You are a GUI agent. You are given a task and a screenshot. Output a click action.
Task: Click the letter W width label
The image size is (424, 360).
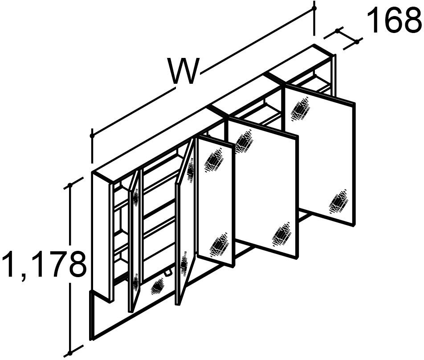[x=183, y=71]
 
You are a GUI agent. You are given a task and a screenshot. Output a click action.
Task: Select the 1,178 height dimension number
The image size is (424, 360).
[x=44, y=264]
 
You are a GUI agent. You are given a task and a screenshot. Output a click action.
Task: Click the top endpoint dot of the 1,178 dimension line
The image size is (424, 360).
[x=70, y=185]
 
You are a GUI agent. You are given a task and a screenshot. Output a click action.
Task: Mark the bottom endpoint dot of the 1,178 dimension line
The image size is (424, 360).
[x=70, y=353]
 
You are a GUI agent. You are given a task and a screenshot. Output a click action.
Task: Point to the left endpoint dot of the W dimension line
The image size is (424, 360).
[x=92, y=135]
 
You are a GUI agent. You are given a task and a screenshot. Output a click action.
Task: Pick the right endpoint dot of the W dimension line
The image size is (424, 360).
[x=314, y=8]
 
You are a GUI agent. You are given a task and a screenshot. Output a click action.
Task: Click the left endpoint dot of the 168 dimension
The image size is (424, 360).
[x=338, y=31]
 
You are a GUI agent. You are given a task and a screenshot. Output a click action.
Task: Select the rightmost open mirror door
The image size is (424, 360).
[x=319, y=155]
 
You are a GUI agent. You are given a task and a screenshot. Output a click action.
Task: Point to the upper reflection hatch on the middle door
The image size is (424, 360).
[x=244, y=143]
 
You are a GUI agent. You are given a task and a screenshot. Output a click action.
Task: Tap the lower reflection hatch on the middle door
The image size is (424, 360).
[x=281, y=234]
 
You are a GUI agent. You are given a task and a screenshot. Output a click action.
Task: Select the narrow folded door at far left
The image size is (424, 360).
[x=135, y=241]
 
